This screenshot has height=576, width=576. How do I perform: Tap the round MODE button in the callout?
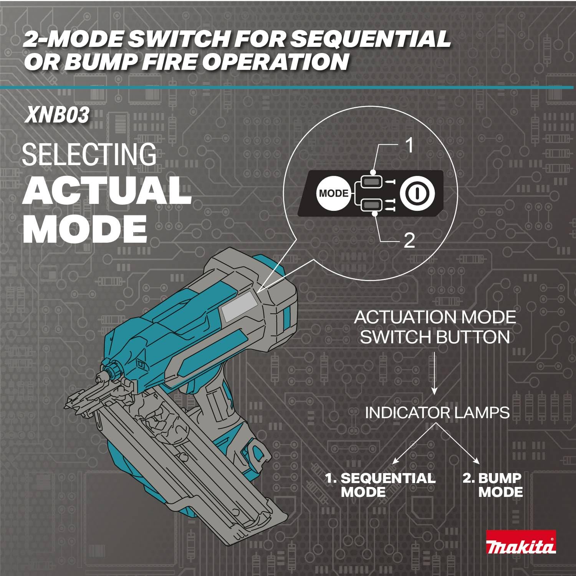coord(333,193)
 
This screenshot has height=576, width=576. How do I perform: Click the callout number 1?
coord(410,146)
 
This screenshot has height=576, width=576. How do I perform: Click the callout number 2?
coord(409,241)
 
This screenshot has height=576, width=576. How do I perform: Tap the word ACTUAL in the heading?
coord(107,191)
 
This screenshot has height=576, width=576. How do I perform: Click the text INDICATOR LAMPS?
coord(437,413)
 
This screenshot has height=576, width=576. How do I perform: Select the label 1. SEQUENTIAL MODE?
coord(380,485)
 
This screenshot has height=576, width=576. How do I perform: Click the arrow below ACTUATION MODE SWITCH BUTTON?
coord(434,373)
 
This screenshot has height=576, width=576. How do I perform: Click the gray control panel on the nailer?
coord(238,306)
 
